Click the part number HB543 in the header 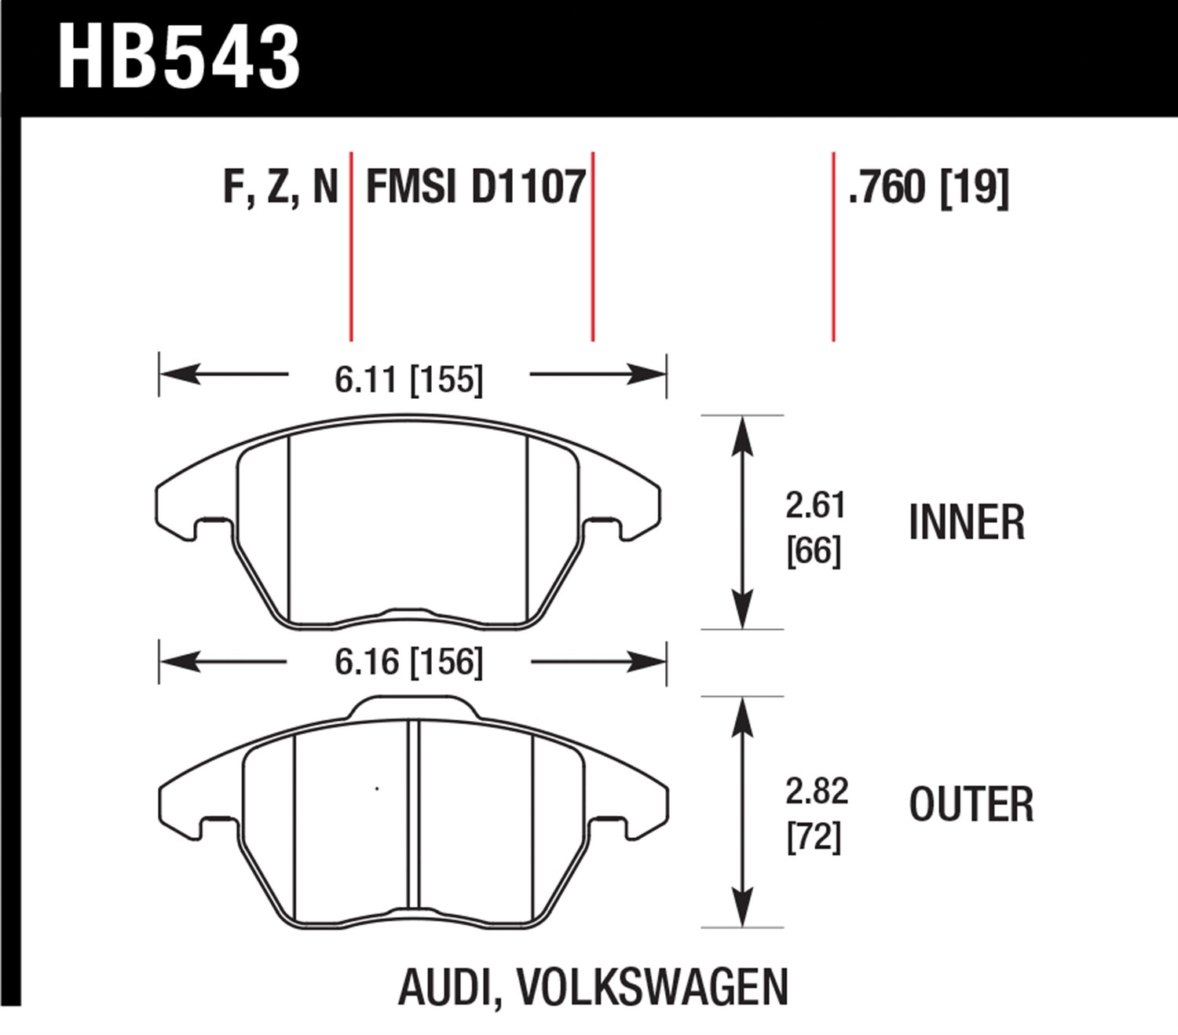pos(179,57)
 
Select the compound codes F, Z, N pos(280,188)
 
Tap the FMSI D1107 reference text pos(476,188)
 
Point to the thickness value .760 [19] pos(928,188)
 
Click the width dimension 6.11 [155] pos(408,380)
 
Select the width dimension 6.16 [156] pos(408,662)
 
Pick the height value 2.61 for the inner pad pos(815,505)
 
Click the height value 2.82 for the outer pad pos(817,791)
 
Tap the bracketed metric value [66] pos(814,550)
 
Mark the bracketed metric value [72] pos(814,836)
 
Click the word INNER pos(967,523)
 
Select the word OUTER pos(971,805)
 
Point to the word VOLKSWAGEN pos(653,987)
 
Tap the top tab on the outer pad pos(413,707)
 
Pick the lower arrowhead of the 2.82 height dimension pos(742,909)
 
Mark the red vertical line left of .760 pos(833,247)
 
